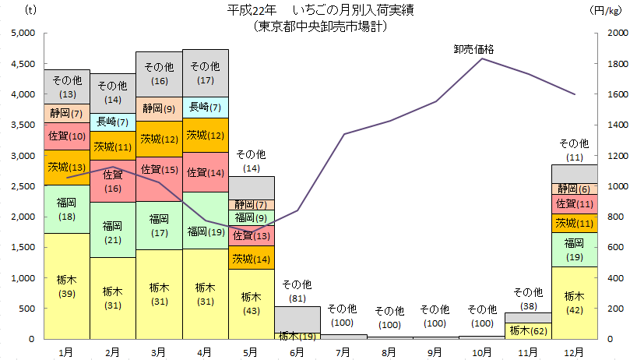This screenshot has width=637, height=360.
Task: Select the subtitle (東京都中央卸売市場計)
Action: point(319,26)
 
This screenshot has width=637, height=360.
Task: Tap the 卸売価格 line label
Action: point(473,48)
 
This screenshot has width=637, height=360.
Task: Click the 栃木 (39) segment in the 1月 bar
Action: point(67,286)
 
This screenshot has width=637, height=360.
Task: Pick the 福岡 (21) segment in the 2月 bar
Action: point(113,230)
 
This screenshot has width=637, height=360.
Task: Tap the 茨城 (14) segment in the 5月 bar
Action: point(252,259)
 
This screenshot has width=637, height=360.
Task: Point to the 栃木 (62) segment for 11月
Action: point(527,330)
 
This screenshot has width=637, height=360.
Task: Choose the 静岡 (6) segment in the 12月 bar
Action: point(574,189)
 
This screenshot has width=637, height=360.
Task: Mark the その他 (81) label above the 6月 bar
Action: point(297,290)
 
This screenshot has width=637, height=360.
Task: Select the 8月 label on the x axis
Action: point(389,352)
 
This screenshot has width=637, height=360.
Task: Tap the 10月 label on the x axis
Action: point(481,352)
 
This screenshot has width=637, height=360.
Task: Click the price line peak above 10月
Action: point(483,58)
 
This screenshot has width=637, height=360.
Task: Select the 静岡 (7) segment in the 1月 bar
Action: point(67,113)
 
